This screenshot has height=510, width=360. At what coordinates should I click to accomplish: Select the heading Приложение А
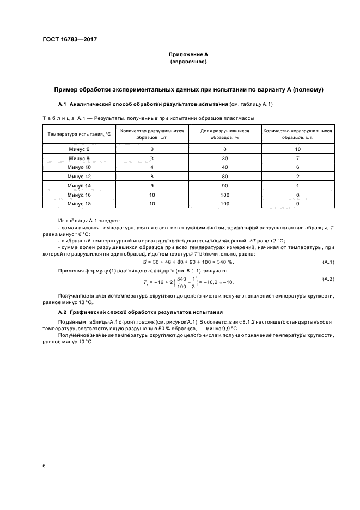point(188,54)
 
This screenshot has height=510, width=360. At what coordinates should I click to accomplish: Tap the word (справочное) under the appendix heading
point(188,62)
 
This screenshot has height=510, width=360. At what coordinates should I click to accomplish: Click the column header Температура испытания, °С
point(78,134)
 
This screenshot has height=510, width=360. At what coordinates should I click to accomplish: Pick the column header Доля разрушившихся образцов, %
point(224,134)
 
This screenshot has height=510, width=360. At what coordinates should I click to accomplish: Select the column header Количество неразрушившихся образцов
point(297,134)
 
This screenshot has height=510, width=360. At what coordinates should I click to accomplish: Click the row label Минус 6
point(78,149)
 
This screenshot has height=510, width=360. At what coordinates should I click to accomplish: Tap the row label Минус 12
point(78,177)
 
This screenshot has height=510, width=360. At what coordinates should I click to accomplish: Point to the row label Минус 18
point(78,203)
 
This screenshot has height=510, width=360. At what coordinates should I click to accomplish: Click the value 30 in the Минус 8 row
point(224,159)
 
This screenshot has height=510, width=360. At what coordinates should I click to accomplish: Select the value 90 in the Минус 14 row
point(224,185)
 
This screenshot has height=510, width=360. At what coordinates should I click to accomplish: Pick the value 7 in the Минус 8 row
point(297,159)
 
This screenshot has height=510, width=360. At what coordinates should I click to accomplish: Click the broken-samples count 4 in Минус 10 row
point(152,167)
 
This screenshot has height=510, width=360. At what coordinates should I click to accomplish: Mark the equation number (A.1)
point(328,262)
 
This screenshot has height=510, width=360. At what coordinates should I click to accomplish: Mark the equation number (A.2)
point(328,279)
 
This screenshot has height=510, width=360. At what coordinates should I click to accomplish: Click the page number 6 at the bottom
point(44,465)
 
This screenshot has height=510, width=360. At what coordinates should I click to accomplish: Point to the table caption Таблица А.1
point(61,117)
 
